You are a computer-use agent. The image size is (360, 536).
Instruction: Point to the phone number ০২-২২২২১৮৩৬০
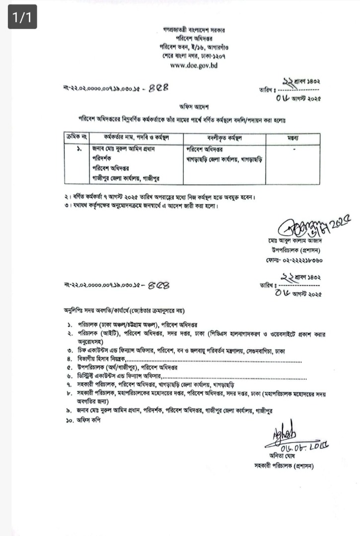click(293, 260)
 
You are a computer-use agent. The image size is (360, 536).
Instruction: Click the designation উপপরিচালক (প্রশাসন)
click(296, 250)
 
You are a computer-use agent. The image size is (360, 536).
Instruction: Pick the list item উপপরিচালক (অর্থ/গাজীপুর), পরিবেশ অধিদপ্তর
click(128, 368)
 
